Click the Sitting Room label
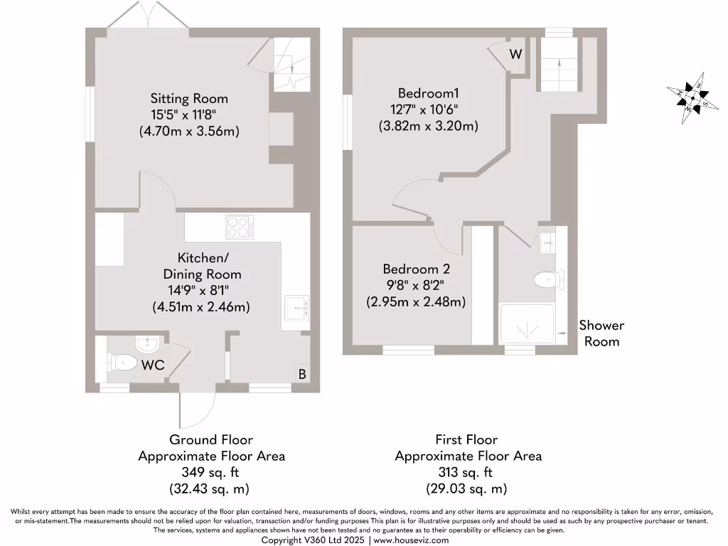point(188,98)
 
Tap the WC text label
point(153,365)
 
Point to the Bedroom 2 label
point(416,269)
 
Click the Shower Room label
point(601,333)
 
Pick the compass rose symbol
point(688,98)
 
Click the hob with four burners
point(240,227)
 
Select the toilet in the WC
point(122,363)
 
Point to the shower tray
point(528,324)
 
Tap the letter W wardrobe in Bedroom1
point(515,54)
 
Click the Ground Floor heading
point(211,440)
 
